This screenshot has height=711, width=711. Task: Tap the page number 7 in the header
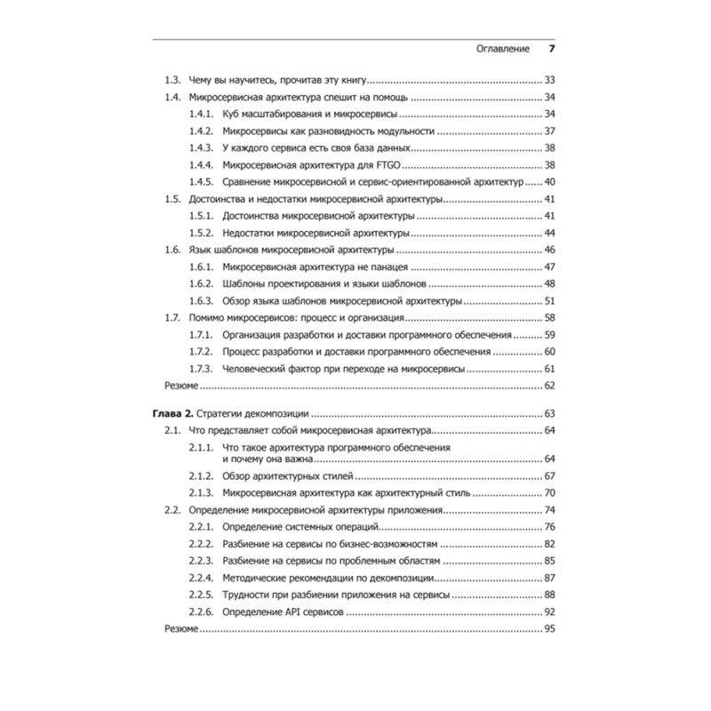[551, 48]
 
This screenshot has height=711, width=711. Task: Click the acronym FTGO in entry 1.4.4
[397, 164]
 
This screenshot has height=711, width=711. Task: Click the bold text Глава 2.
[173, 413]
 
